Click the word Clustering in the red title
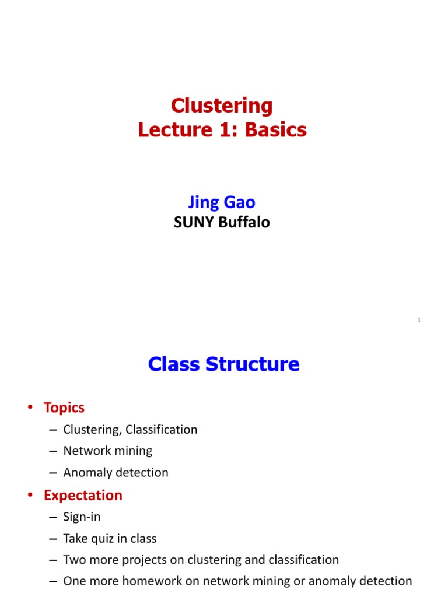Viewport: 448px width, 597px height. pyautogui.click(x=222, y=106)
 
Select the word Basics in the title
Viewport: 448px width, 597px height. pyautogui.click(x=276, y=129)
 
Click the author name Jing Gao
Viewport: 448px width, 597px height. pyautogui.click(x=222, y=202)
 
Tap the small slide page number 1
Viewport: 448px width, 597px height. pyautogui.click(x=419, y=320)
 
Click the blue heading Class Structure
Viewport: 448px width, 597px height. pyautogui.click(x=223, y=364)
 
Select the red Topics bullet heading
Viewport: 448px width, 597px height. pyautogui.click(x=64, y=408)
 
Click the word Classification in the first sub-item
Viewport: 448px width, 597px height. pyautogui.click(x=164, y=430)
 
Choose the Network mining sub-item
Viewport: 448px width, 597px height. pyautogui.click(x=108, y=451)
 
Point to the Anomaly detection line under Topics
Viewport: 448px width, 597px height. pyautogui.click(x=116, y=473)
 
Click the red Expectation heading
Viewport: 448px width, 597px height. pyautogui.click(x=83, y=496)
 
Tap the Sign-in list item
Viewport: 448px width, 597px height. pyautogui.click(x=82, y=517)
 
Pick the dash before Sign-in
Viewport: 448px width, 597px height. pyautogui.click(x=53, y=517)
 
